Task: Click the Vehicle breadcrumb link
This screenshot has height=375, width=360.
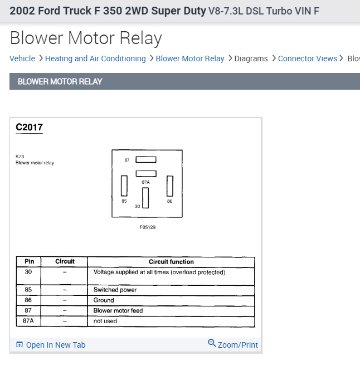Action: coord(22,59)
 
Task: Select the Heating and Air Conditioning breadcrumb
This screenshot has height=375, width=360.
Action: coord(95,59)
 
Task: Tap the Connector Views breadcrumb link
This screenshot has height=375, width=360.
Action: coord(307,59)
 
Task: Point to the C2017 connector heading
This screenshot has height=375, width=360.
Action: coord(29,128)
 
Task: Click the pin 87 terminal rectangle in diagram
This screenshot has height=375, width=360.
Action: coord(145,160)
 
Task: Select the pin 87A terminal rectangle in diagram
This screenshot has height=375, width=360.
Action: coord(145,174)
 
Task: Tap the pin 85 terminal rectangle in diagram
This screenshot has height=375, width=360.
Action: coord(124,186)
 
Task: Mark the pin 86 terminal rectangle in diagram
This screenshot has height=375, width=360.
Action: coord(170,186)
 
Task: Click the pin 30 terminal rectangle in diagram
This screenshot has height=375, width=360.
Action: coord(145,198)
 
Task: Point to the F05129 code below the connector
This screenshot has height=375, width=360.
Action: coord(148,227)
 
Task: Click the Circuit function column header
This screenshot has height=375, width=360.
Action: coord(171,261)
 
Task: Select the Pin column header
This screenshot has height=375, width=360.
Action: coord(29,261)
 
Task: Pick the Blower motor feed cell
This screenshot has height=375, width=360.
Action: coord(118,310)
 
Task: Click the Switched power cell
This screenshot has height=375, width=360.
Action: coord(115,290)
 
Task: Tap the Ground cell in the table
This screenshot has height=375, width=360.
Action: coord(104,300)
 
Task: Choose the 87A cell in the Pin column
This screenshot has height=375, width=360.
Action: coord(28,321)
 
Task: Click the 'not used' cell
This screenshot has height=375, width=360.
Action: coord(105,321)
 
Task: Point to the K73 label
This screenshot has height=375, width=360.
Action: coord(20,157)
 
